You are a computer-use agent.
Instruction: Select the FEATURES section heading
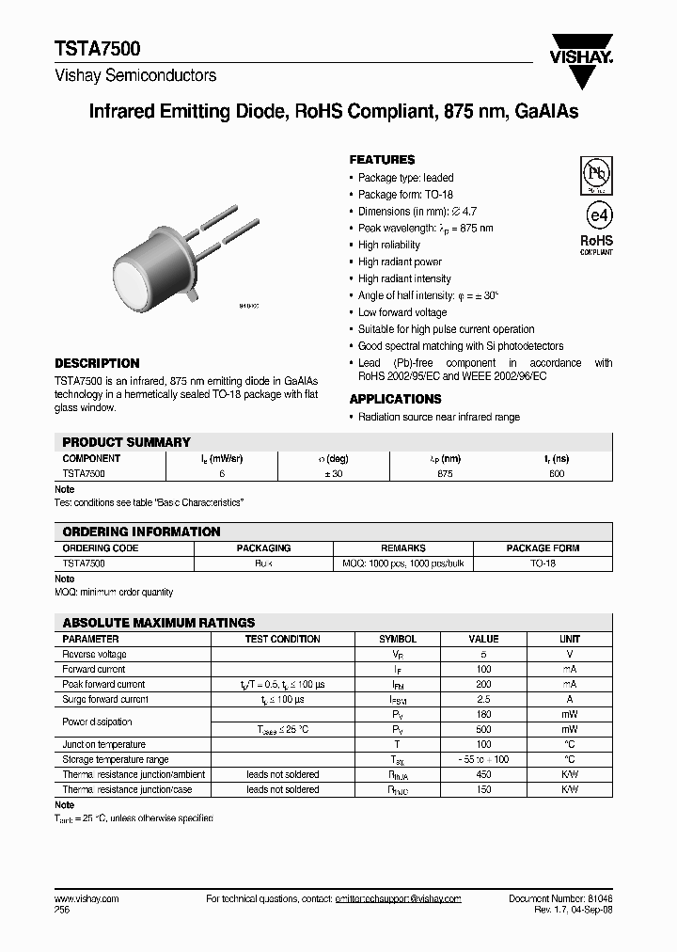point(382,160)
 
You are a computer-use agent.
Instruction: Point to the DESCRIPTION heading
point(97,363)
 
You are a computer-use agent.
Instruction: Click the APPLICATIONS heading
point(395,399)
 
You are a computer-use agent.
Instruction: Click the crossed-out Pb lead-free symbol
point(596,173)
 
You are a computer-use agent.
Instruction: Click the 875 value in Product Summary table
point(445,474)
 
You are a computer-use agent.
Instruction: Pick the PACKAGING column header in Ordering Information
point(263,547)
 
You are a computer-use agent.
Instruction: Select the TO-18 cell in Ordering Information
point(543,563)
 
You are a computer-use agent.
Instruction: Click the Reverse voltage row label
point(94,654)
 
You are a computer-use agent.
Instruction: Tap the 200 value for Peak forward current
point(484,684)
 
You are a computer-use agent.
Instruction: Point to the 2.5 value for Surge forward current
point(484,699)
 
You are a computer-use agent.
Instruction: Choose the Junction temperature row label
point(101,744)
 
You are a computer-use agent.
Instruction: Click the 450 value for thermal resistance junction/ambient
point(484,774)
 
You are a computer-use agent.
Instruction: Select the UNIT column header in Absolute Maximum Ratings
point(570,639)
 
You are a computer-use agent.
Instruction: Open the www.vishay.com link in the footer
point(87,899)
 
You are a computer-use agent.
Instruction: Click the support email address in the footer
point(398,899)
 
